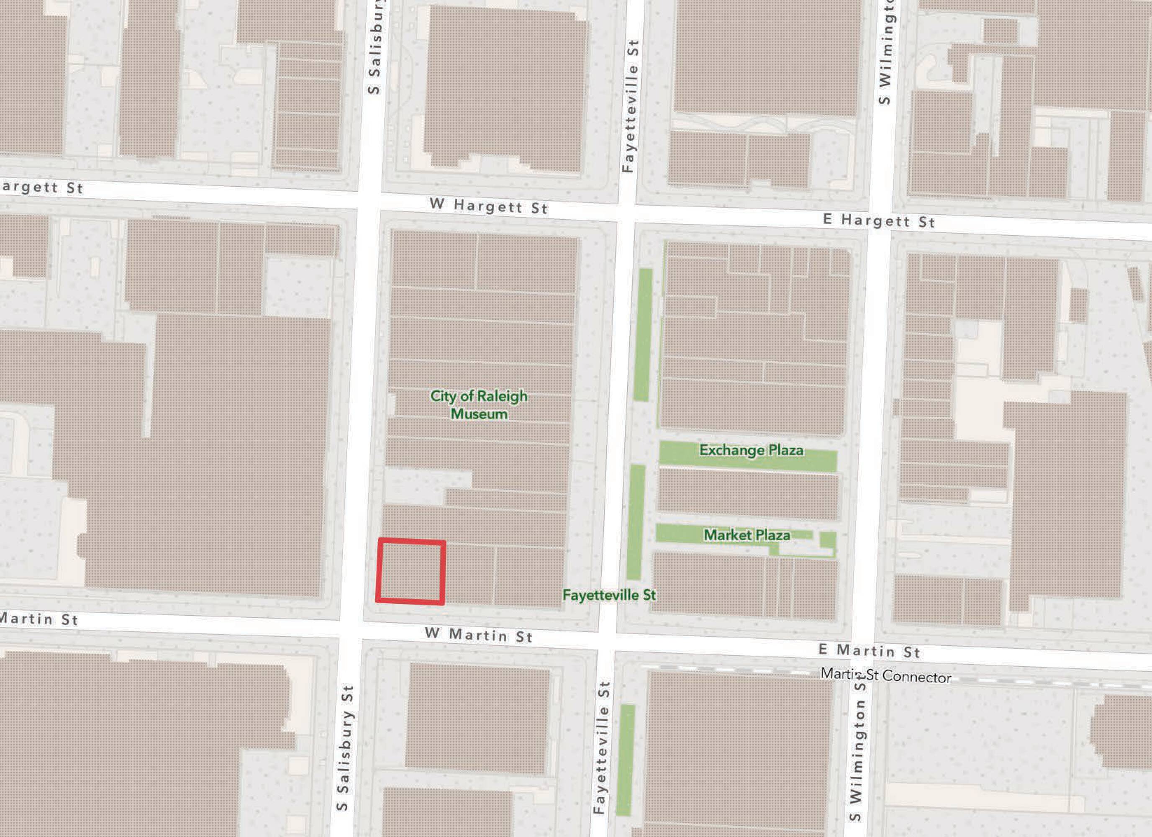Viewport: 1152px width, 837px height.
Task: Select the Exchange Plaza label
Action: pyautogui.click(x=751, y=450)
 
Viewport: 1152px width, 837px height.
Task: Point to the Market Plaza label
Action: pyautogui.click(x=747, y=535)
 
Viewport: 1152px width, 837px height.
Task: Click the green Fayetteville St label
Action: pyautogui.click(x=609, y=595)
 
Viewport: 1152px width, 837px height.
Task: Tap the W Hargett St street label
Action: pyautogui.click(x=489, y=206)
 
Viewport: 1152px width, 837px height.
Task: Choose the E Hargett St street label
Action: pyautogui.click(x=879, y=221)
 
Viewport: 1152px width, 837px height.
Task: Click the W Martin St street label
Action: pyautogui.click(x=478, y=635)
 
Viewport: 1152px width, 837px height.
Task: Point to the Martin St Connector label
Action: pyautogui.click(x=886, y=675)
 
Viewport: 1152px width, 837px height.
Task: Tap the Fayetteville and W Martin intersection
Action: pyautogui.click(x=608, y=642)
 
